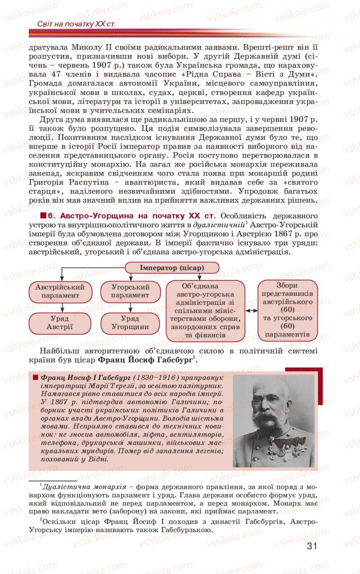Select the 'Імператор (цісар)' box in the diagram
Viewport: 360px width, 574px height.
(172, 268)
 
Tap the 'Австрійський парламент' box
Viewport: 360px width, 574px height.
(60, 291)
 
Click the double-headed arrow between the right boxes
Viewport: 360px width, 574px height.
(251, 311)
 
